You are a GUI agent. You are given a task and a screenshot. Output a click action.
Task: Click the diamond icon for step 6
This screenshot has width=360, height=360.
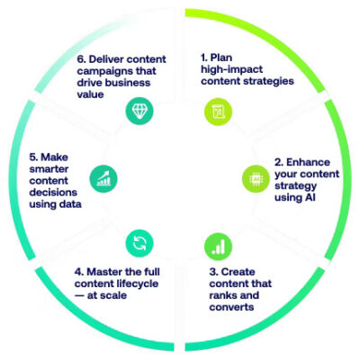pyautogui.click(x=139, y=111)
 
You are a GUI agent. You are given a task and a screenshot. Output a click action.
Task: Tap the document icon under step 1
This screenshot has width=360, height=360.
pyautogui.click(x=218, y=112)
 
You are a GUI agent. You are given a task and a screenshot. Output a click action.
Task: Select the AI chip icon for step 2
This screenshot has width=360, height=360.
pyautogui.click(x=256, y=179)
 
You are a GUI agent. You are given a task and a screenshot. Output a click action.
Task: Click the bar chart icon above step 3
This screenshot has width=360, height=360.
pyautogui.click(x=218, y=247)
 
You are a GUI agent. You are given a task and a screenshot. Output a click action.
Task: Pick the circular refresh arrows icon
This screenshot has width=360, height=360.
pyautogui.click(x=139, y=243)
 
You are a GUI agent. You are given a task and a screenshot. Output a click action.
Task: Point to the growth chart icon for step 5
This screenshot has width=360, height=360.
pyautogui.click(x=103, y=179)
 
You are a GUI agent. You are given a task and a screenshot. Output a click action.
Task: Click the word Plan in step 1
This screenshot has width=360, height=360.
pyautogui.click(x=221, y=58)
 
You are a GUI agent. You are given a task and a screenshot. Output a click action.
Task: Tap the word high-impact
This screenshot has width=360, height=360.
pyautogui.click(x=232, y=69)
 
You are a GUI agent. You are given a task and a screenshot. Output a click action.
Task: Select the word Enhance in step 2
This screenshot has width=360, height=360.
pyautogui.click(x=308, y=162)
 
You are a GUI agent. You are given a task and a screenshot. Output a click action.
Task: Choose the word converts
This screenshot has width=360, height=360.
pyautogui.click(x=231, y=307)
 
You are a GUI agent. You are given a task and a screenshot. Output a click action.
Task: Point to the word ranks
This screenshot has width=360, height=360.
pyautogui.click(x=221, y=295)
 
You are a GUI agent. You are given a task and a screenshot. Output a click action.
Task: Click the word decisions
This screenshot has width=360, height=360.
pyautogui.click(x=53, y=193)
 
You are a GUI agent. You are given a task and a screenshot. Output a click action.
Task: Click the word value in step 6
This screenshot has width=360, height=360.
pyautogui.click(x=90, y=94)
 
